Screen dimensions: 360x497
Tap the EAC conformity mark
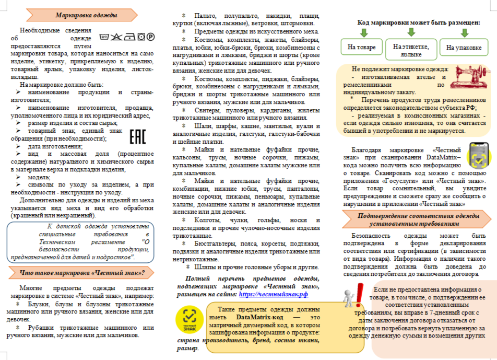[x=137, y=136]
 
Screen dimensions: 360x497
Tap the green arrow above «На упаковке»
[x=465, y=33]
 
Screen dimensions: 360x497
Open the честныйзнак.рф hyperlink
[x=273, y=294]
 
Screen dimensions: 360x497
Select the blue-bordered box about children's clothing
[x=80, y=242]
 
